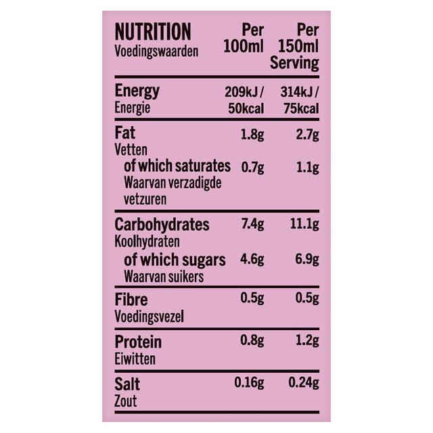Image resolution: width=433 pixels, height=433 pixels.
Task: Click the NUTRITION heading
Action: [153, 32]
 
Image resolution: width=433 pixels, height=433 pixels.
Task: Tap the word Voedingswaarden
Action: [156, 51]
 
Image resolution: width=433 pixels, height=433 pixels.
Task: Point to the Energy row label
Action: [137, 91]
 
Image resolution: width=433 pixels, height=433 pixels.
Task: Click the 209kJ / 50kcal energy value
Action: [244, 100]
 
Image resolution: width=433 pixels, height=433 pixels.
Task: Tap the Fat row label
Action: [125, 133]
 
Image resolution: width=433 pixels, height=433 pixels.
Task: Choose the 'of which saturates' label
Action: [177, 166]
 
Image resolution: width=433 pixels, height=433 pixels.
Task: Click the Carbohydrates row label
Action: [162, 225]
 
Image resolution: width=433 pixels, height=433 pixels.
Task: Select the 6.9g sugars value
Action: [306, 260]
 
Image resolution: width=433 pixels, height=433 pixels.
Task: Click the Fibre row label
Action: [131, 300]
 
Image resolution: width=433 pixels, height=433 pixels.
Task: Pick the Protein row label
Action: [138, 342]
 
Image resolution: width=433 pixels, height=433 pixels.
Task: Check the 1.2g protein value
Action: [306, 342]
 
